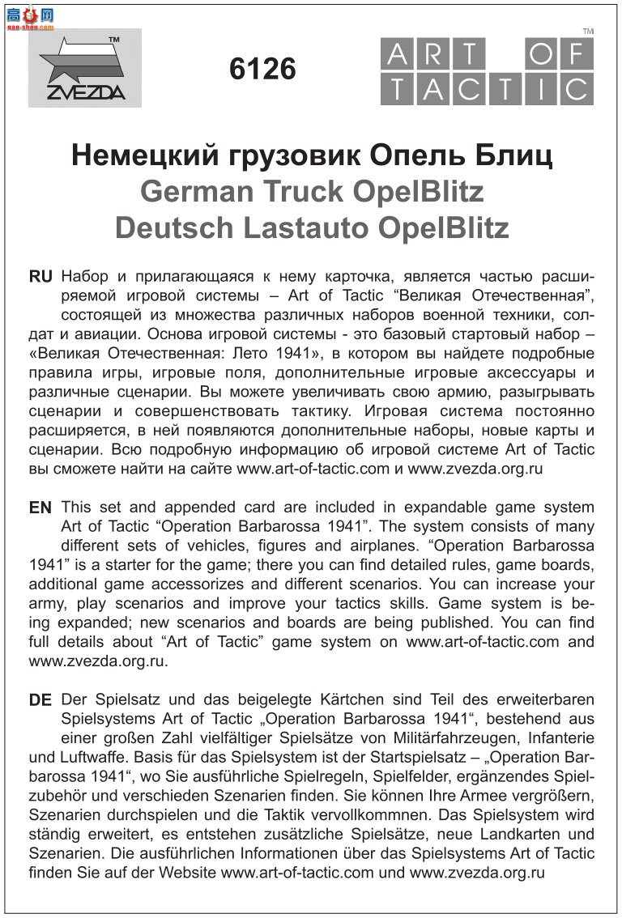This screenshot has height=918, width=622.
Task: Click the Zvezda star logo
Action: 84,68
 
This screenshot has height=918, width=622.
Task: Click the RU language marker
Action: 40,276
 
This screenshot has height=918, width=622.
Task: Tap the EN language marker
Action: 40,508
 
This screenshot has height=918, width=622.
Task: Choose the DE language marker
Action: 40,700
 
